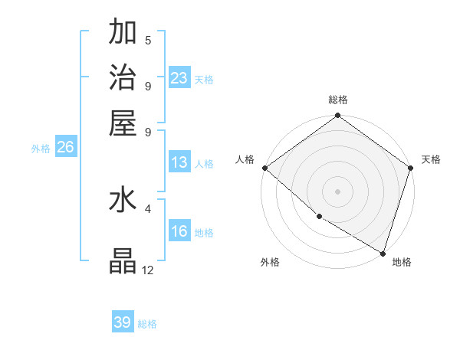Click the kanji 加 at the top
click(x=123, y=32)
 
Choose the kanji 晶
click(x=123, y=260)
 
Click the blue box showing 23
click(x=179, y=77)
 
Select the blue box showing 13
click(x=179, y=162)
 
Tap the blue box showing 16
click(x=179, y=231)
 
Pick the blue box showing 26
click(x=65, y=148)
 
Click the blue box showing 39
click(x=123, y=322)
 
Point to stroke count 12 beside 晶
click(x=147, y=270)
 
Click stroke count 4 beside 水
click(x=147, y=207)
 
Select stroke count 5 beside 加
click(x=147, y=40)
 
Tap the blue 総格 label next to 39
click(x=147, y=324)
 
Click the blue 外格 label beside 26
click(x=40, y=149)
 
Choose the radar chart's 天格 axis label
click(x=431, y=159)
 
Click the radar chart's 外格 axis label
click(x=269, y=262)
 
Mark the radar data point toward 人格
click(x=264, y=168)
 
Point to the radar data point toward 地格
click(x=383, y=253)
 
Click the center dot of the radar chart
click(x=337, y=191)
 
